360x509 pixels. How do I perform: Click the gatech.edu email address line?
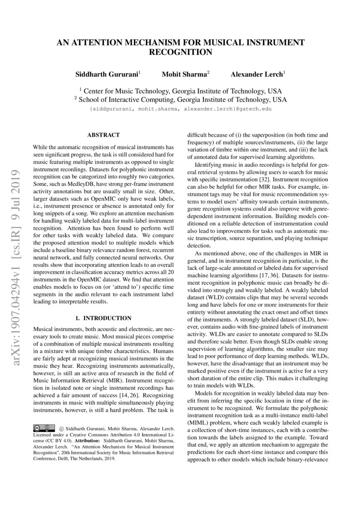coord(180,109)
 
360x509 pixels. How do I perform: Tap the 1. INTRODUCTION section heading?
coord(104,318)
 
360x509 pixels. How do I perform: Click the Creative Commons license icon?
coord(44,428)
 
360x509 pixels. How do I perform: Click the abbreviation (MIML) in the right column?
coord(197,422)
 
